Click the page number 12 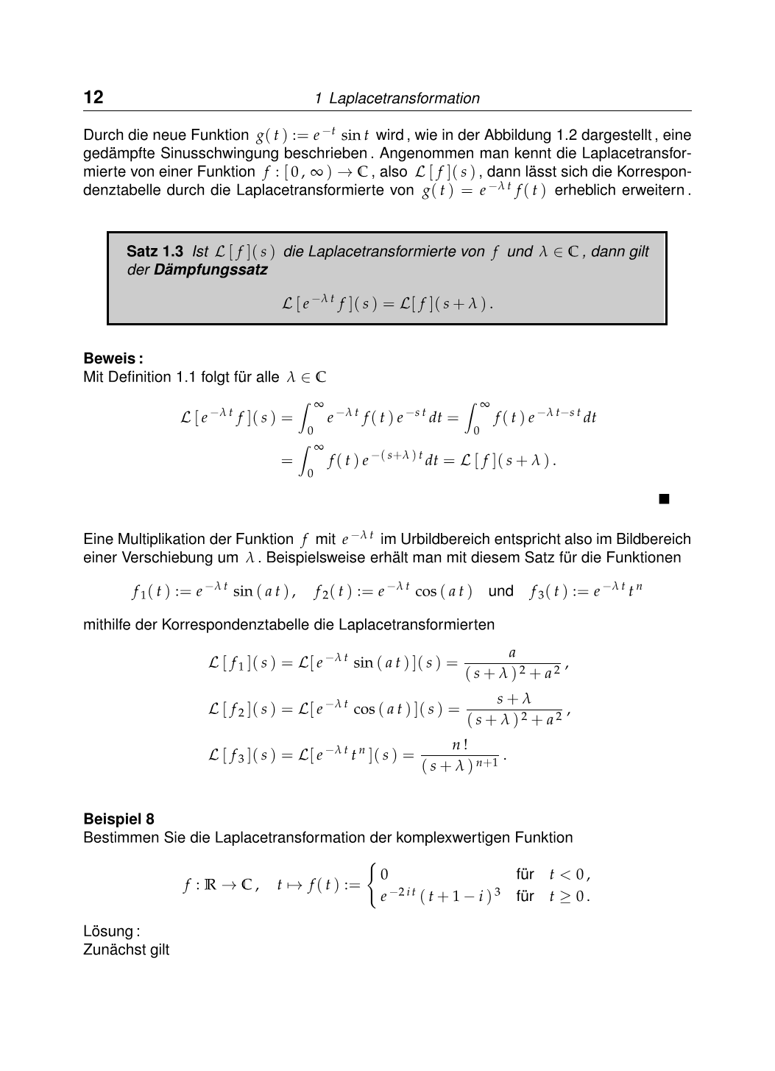point(93,97)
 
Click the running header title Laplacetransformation point(404,99)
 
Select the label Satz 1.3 point(155,252)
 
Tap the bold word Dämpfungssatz point(210,269)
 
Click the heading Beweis point(113,358)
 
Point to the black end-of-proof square point(664,500)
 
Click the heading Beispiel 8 point(118,819)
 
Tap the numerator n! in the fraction point(460,745)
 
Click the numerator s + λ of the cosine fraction point(514,699)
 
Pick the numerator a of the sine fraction point(512,653)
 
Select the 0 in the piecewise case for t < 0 point(384,875)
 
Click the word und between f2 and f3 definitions point(500,591)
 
